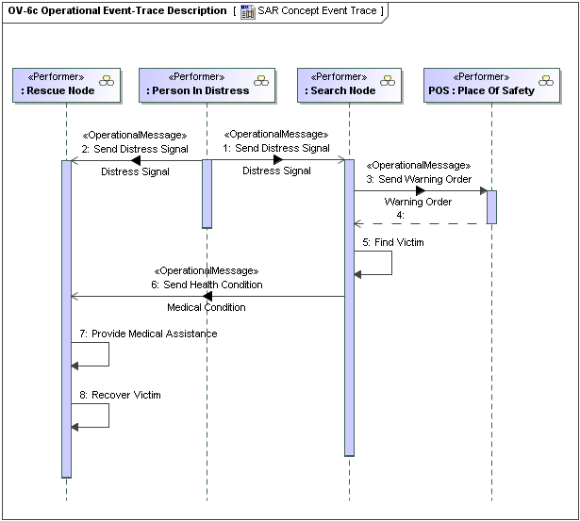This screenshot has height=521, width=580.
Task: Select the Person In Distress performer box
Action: tap(207, 84)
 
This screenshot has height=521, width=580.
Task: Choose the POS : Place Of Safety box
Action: tap(491, 84)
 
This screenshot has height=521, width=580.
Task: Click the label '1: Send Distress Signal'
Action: tap(276, 148)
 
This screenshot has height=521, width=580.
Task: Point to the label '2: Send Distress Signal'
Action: tap(135, 149)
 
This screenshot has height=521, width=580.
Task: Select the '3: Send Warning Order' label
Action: tap(418, 179)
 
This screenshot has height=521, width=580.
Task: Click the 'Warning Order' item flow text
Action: tap(418, 202)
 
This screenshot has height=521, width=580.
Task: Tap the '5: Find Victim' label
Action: tap(393, 242)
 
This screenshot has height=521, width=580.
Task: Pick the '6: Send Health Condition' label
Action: tap(206, 285)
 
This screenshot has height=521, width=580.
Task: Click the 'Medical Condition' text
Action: tap(207, 307)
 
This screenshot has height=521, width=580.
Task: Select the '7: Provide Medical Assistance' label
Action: tap(148, 334)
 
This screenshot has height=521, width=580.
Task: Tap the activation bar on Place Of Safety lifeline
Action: tap(491, 207)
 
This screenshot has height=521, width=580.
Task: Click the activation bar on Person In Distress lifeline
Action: tap(207, 193)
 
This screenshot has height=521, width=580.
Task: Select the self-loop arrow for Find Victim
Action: tap(390, 263)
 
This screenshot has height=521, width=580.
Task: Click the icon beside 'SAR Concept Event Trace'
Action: tap(247, 11)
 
